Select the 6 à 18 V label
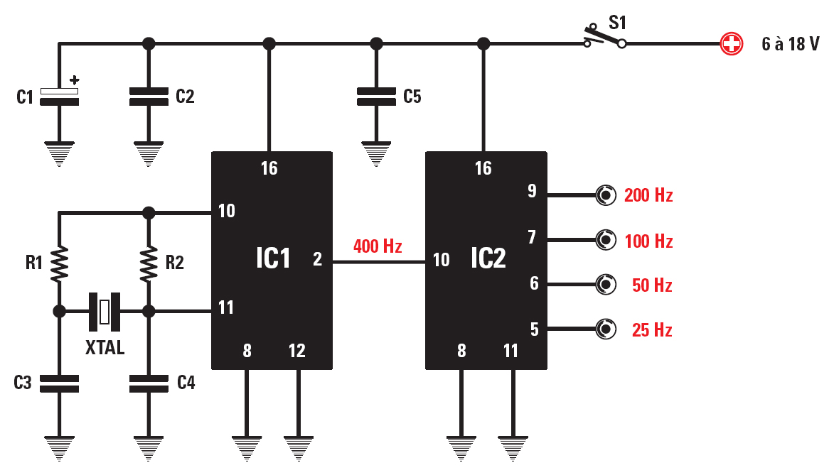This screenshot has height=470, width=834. pos(790,44)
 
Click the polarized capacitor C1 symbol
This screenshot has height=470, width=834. pos(59,97)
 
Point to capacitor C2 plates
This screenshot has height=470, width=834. pos(149,97)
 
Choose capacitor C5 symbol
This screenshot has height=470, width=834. pos(376,97)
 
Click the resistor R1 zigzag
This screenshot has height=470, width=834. pos(59,262)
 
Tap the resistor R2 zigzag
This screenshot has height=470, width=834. pos(149,262)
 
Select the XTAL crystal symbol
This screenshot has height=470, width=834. pos(105,312)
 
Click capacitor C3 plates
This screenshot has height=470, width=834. pos(59,384)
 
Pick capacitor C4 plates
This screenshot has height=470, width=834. pos(149,384)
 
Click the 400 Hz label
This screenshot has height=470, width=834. pos(378,247)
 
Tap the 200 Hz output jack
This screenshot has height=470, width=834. pos(606,195)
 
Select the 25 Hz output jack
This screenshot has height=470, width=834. pos(606,329)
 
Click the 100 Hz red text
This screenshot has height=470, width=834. pos(648,241)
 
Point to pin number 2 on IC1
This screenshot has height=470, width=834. pos(317,260)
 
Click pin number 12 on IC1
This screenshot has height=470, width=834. pos(296,351)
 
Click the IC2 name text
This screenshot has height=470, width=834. pos(488,259)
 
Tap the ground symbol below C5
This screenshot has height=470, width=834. pos(376,154)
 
